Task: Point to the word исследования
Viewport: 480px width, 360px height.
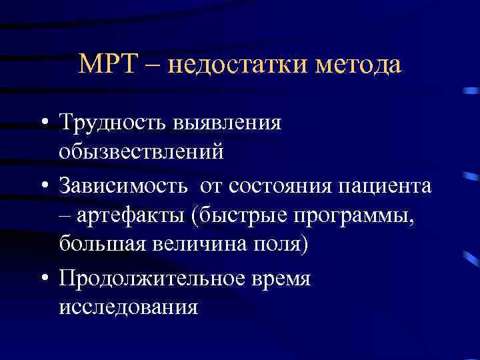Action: [128, 307]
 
